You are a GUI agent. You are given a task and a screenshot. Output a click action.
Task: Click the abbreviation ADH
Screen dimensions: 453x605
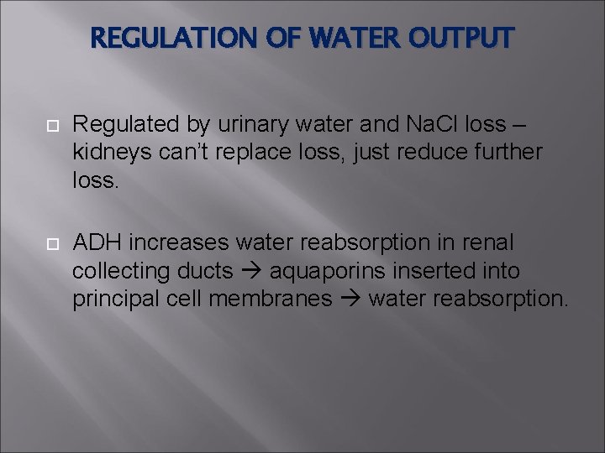tap(97, 242)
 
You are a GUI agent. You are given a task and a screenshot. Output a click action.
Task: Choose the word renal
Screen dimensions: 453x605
tap(491, 242)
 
